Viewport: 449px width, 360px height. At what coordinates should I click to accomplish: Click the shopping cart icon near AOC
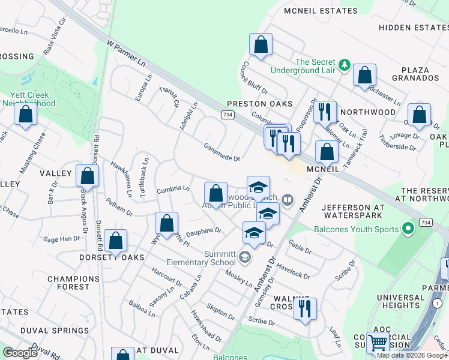378,343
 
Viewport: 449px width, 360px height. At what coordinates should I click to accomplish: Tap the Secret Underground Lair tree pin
345,64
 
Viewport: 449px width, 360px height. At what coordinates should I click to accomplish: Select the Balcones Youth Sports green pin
409,229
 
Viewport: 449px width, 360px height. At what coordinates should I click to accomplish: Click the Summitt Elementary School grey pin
244,257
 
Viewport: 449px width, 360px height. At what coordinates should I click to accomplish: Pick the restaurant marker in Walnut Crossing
306,309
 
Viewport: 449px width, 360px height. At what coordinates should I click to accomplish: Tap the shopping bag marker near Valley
88,176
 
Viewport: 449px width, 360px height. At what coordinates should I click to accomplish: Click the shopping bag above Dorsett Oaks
116,241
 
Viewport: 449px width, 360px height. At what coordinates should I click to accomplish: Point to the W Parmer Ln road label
126,53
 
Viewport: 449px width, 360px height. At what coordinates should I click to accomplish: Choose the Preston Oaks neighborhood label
259,104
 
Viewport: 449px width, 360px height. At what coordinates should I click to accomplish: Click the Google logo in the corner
20,353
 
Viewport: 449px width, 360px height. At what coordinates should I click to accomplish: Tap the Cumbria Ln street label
173,188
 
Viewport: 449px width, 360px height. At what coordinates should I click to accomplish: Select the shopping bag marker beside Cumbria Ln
215,193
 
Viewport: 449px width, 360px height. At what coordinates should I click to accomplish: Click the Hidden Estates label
412,28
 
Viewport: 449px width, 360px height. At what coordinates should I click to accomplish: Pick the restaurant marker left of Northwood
324,112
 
